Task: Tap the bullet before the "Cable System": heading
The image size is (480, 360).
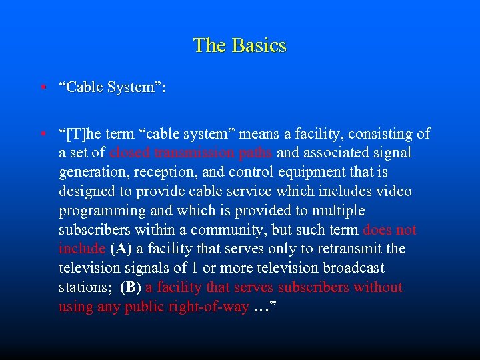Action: [42, 88]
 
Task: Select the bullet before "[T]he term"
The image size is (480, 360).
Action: [42, 135]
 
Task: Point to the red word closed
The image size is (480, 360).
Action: [131, 153]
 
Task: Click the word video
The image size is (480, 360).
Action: [394, 192]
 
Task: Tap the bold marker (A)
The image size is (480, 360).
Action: [121, 249]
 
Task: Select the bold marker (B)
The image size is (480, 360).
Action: [131, 288]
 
